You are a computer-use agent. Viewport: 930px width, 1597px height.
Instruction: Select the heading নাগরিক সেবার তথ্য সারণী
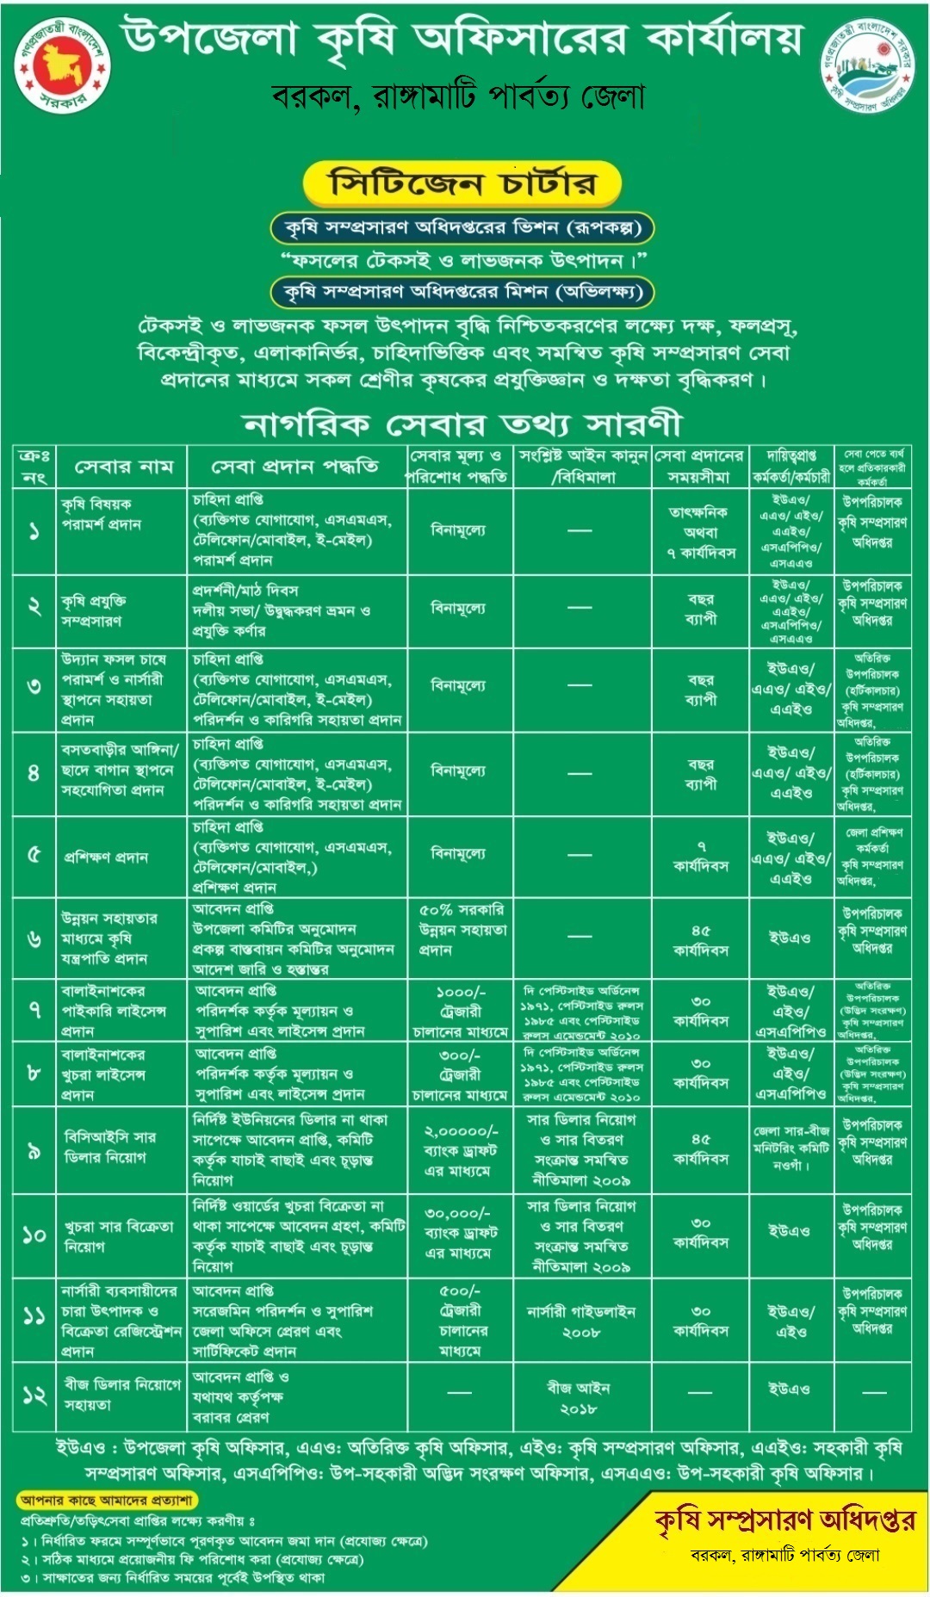tap(462, 424)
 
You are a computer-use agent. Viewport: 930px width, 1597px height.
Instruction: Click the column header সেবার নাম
tap(124, 467)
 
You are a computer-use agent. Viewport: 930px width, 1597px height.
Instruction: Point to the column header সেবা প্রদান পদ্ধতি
tap(295, 467)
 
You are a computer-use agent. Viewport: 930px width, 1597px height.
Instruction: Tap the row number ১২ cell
tap(34, 1396)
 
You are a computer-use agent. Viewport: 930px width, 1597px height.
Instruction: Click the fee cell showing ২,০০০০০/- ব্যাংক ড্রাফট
tap(459, 1150)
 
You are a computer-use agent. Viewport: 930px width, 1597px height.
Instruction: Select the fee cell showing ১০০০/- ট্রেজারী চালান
tap(459, 1011)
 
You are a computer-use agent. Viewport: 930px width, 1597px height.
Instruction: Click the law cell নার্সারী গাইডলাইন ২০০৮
tap(580, 1322)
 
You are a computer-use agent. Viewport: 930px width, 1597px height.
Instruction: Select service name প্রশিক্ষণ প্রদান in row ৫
tap(106, 857)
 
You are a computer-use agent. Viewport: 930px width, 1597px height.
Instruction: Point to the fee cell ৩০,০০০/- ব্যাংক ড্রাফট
tap(459, 1233)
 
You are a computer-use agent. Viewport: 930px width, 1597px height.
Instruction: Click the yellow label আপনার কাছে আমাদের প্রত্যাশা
tap(107, 1501)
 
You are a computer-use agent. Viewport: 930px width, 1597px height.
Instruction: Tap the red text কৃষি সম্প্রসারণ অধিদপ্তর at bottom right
tap(784, 1521)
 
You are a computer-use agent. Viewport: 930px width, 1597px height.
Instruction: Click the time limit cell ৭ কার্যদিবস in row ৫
tap(701, 856)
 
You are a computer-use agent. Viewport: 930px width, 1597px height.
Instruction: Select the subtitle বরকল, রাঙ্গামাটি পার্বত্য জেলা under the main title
tap(458, 96)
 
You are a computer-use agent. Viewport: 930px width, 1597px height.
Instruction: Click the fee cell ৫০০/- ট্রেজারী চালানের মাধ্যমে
tap(459, 1321)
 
